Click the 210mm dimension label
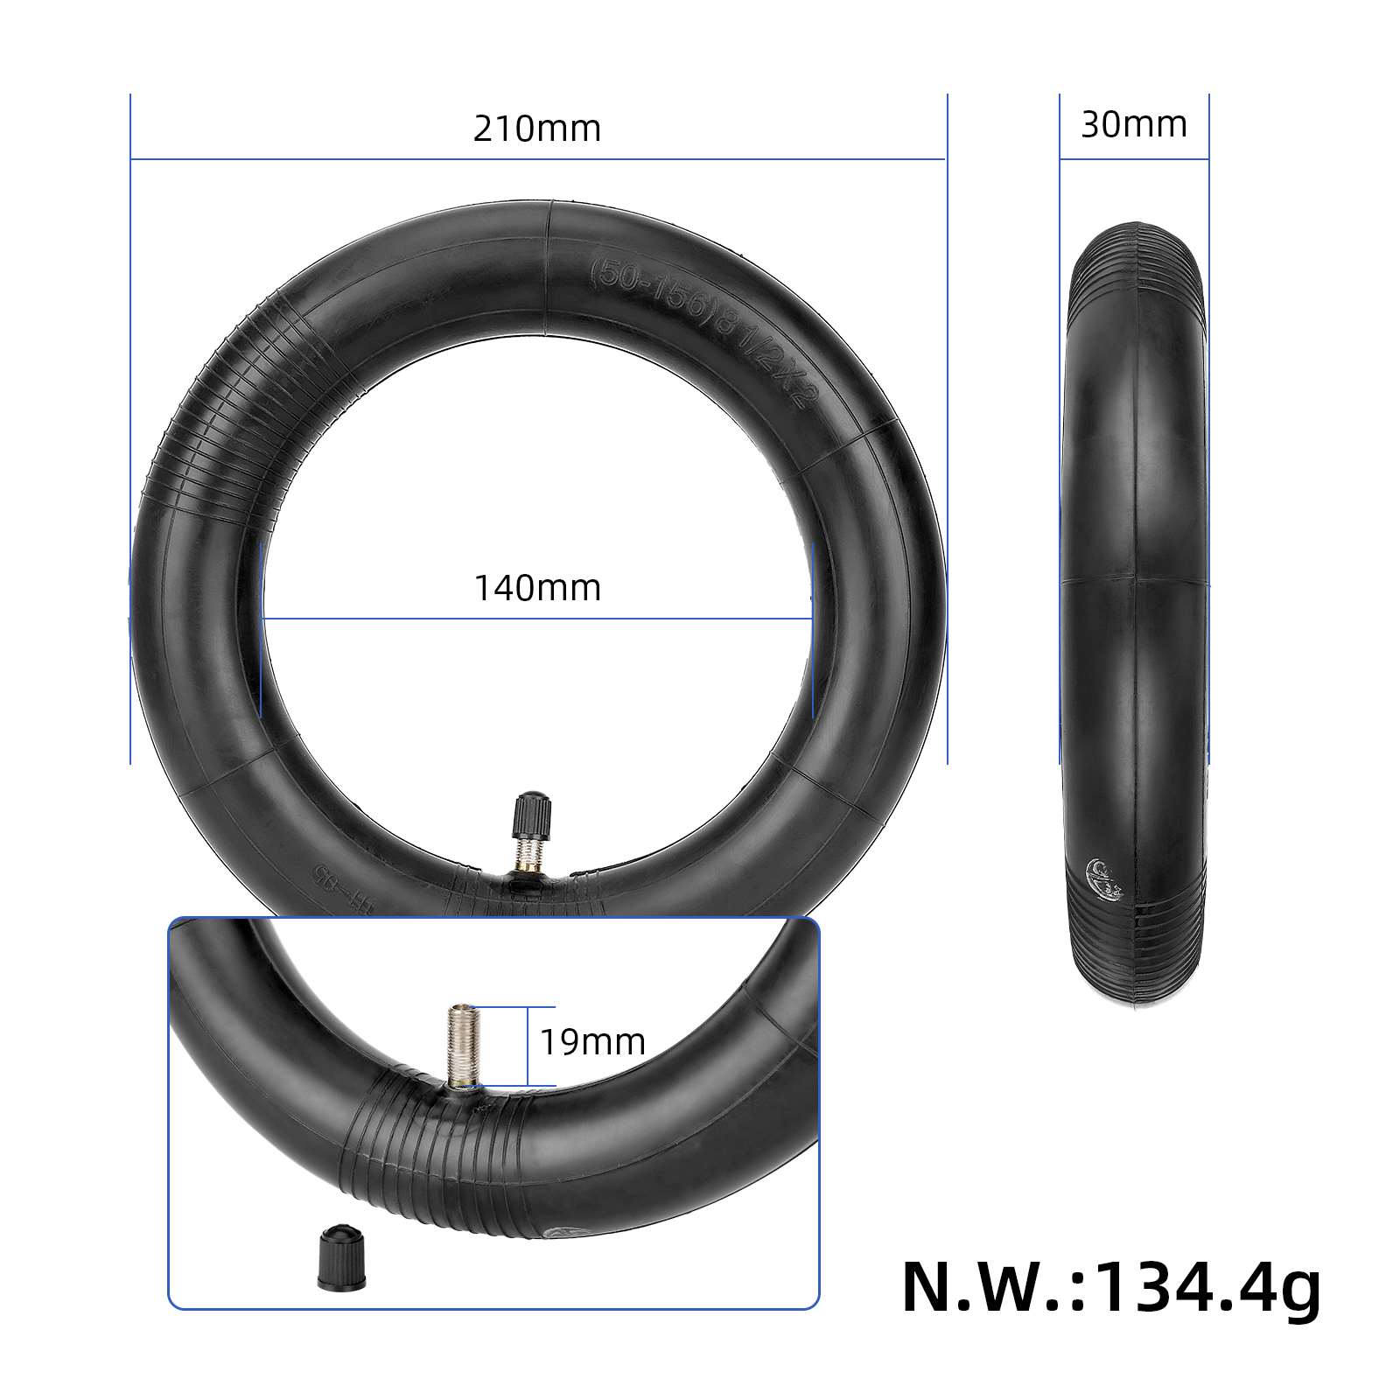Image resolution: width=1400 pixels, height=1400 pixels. tap(537, 129)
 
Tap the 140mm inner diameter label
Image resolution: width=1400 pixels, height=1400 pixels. tap(537, 588)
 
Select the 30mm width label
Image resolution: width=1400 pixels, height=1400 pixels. tap(1134, 124)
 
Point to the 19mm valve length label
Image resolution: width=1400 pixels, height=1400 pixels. tap(592, 1042)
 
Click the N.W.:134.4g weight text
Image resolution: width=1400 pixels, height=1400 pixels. tap(1111, 1287)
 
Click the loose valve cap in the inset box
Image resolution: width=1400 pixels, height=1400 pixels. tap(341, 1258)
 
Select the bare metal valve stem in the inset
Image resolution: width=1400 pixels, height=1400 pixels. tap(462, 1046)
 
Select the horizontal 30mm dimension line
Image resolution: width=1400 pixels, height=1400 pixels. tap(1134, 159)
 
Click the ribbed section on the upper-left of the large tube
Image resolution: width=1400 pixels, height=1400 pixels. tap(227, 420)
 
